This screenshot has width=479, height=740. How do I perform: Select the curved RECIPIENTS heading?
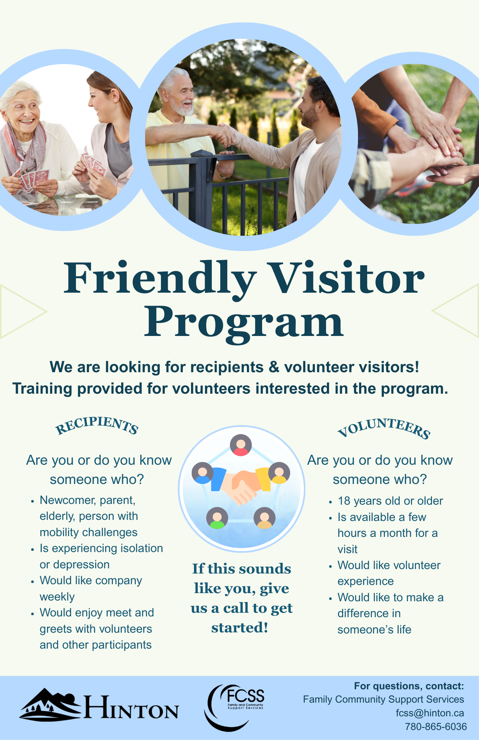point(97,425)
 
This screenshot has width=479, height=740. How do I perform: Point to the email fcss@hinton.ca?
point(430,713)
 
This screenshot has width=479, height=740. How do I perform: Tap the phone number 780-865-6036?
point(436,727)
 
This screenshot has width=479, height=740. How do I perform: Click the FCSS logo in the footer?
point(235,707)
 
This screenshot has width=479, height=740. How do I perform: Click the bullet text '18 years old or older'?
point(390,501)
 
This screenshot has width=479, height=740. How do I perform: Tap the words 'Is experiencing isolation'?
point(101,548)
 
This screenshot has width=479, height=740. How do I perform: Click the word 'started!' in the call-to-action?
point(239,628)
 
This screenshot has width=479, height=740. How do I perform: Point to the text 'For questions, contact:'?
point(409,686)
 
